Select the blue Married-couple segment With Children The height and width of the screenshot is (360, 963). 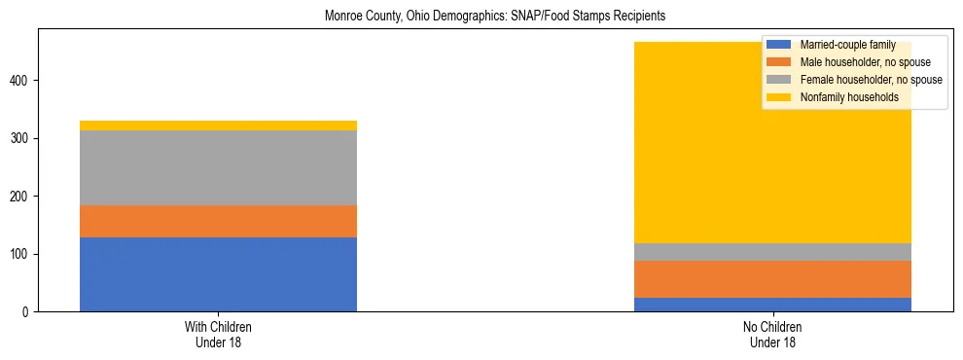pyautogui.click(x=218, y=274)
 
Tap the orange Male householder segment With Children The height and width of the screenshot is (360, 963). pyautogui.click(x=218, y=221)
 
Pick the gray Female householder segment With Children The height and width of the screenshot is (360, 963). pyautogui.click(x=218, y=167)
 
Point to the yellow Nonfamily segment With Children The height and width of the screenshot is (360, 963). pyautogui.click(x=218, y=126)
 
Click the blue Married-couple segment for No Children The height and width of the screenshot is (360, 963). pyautogui.click(x=772, y=305)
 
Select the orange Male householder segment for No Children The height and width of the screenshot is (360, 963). pyautogui.click(x=772, y=279)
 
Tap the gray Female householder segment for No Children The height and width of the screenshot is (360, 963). pyautogui.click(x=772, y=252)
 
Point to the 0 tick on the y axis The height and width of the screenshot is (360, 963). pyautogui.click(x=26, y=312)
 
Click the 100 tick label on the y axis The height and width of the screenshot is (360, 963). pyautogui.click(x=20, y=254)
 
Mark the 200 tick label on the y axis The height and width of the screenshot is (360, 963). pyautogui.click(x=20, y=197)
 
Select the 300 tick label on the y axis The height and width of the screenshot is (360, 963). pyautogui.click(x=20, y=138)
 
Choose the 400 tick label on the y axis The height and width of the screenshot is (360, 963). pyautogui.click(x=20, y=80)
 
